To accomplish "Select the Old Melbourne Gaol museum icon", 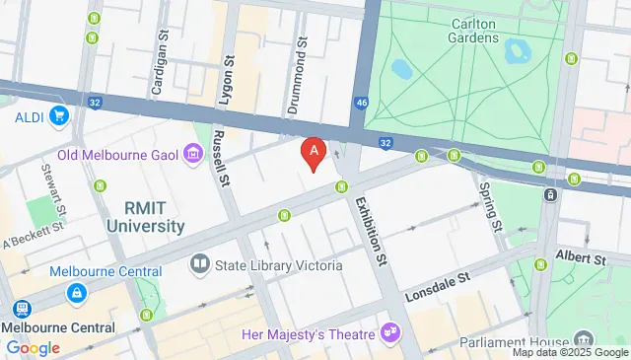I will point(193,154).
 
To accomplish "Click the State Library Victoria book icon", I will point(199,265).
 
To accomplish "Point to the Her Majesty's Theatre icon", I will point(391,329).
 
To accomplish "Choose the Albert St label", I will point(582,258).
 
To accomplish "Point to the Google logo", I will point(33,347).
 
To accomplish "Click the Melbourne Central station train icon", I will point(76,294).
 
